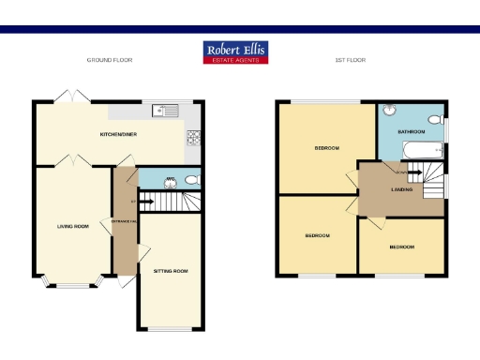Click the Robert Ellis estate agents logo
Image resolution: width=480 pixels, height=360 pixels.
236,52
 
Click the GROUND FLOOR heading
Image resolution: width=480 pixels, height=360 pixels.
110,59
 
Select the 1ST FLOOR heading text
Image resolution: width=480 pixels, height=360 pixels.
350,59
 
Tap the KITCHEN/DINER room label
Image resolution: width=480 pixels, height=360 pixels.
119,135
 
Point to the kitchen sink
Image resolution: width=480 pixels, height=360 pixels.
168,111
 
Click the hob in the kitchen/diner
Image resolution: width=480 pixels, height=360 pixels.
195,138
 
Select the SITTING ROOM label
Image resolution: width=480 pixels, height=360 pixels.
171,271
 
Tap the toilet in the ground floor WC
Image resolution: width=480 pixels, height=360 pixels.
190,179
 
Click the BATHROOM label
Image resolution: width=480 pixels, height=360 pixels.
412,132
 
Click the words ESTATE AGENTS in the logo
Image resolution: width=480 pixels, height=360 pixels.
236,59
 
